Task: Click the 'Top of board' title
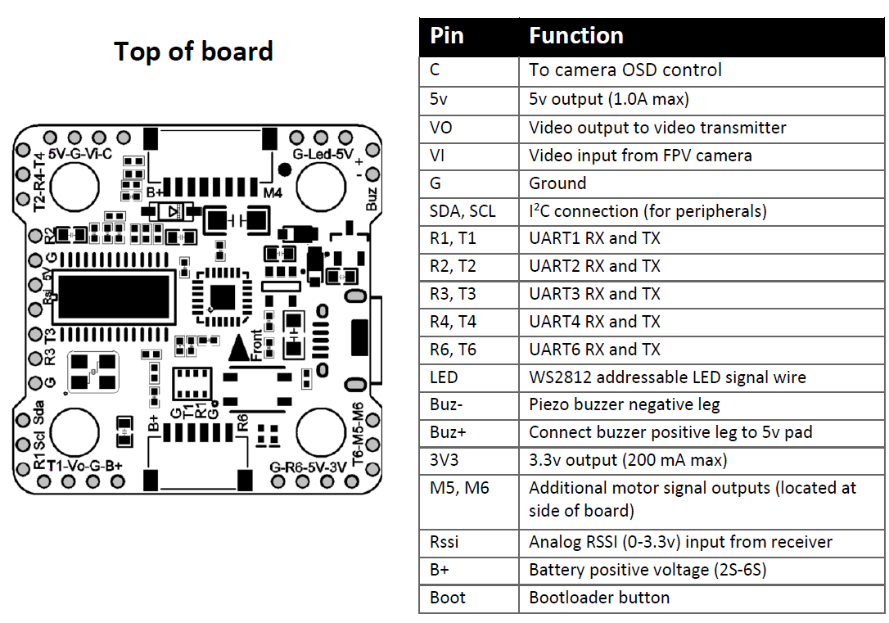pos(193,52)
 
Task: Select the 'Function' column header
pos(575,36)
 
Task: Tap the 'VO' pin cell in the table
pos(440,128)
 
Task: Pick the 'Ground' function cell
pos(557,183)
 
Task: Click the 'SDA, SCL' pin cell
pos(462,211)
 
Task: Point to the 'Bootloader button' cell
pos(598,598)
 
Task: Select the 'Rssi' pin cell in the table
pos(444,542)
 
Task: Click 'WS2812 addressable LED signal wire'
pos(666,377)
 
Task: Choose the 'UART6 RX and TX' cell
pos(593,350)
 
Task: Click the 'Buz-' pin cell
pos(447,404)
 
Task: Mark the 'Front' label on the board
pos(258,344)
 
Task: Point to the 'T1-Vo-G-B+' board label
pos(84,466)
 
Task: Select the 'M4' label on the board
pos(273,192)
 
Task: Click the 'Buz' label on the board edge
pos(372,196)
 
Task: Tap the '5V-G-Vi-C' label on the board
pos(79,154)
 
